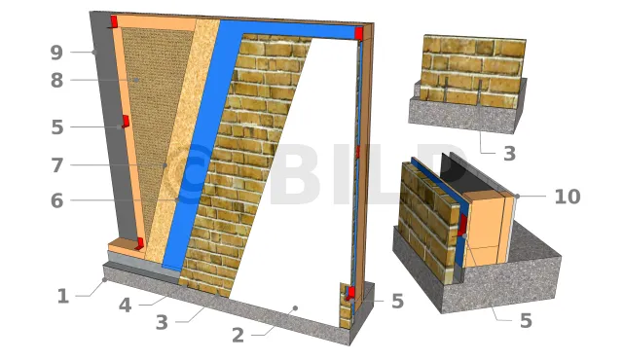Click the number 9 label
56,53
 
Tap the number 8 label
56,81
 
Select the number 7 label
57,165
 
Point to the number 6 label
56,200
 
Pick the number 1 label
62,297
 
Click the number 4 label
126,306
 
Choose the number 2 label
238,336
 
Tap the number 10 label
568,197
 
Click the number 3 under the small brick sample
509,153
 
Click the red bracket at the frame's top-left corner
114,21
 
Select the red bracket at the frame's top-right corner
359,33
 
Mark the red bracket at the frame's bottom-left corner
139,243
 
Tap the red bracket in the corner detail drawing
462,225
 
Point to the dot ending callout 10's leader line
517,197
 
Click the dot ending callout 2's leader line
295,308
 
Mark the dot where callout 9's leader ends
94,52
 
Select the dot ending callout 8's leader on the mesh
136,80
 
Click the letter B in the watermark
296,175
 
